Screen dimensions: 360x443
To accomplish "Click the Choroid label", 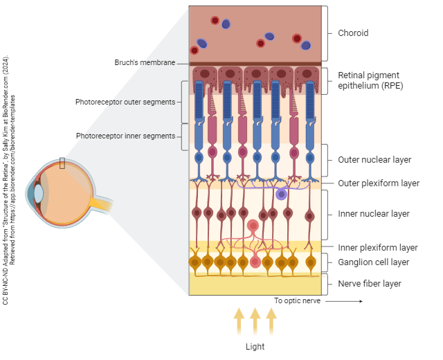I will click(x=352, y=33).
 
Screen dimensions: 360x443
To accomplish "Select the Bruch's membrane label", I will click(x=145, y=63).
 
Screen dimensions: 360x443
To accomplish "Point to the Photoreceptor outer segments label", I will click(x=125, y=102).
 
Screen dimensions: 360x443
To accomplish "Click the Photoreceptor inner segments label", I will click(x=125, y=136).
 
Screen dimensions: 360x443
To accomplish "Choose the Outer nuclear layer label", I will click(x=374, y=160).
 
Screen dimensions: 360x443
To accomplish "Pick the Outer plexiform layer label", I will click(x=378, y=183).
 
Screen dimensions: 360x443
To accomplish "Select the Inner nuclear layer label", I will click(x=373, y=214).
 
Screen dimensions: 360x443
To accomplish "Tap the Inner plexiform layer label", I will click(x=377, y=247).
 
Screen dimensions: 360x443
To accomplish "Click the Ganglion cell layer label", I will click(x=373, y=262).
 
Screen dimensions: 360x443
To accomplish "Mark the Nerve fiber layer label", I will click(x=369, y=284).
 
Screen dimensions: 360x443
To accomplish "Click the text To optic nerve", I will click(x=297, y=301).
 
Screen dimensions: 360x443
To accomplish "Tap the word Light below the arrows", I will click(x=255, y=346).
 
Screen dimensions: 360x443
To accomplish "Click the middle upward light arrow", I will click(x=255, y=322).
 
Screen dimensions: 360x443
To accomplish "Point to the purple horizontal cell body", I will click(x=281, y=195).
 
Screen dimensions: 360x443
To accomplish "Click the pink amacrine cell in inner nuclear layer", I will click(x=253, y=226).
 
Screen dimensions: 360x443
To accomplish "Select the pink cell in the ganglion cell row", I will click(x=255, y=262).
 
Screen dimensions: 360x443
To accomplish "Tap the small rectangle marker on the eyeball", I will click(x=62, y=163).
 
